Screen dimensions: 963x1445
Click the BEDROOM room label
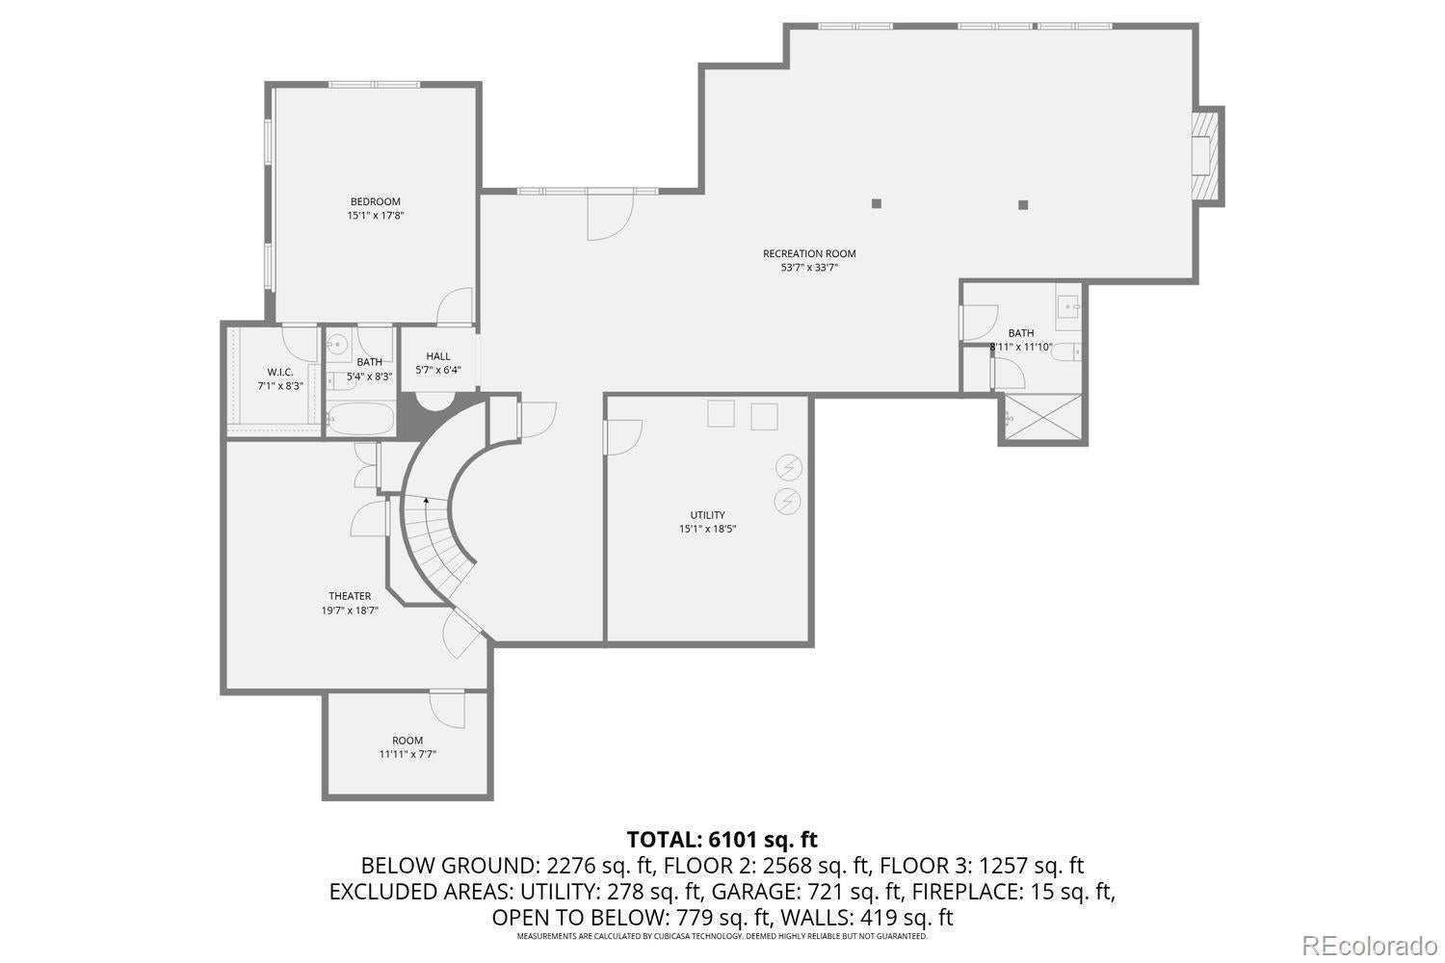coord(375,202)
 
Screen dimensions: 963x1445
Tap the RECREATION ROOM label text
coord(809,254)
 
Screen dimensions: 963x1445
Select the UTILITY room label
coord(707,515)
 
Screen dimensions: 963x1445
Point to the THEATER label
coord(349,596)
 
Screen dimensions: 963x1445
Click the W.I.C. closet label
coord(280,372)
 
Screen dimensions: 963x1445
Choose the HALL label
coord(438,356)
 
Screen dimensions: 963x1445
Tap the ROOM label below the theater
coord(407,741)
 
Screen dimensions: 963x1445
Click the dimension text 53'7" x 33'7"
coord(809,269)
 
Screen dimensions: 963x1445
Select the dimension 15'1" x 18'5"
coord(707,529)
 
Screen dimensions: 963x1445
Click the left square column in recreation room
coord(877,203)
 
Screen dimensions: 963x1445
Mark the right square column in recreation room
coord(1023,204)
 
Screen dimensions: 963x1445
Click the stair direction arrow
coord(426,501)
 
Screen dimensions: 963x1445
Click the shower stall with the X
coord(1043,418)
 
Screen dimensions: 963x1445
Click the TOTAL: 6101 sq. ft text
coord(722,839)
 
